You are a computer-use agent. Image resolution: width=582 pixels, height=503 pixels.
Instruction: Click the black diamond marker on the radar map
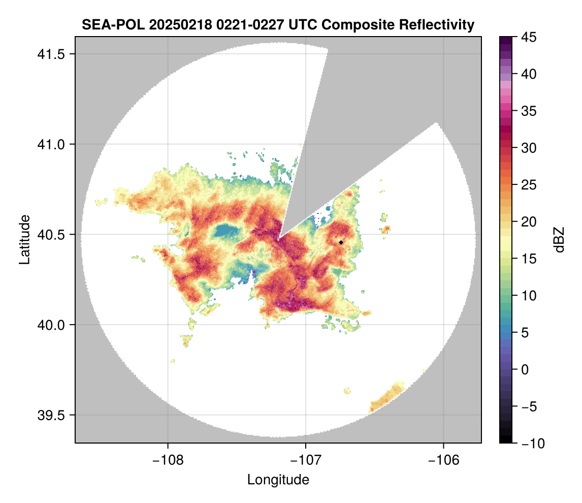(341, 242)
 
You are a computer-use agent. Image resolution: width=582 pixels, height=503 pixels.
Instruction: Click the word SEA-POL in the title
(113, 25)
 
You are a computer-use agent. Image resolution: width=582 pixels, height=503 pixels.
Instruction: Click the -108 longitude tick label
(168, 460)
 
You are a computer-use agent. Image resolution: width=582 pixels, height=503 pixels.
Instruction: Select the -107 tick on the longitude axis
(306, 460)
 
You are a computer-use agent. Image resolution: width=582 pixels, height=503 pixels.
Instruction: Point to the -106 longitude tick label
(444, 460)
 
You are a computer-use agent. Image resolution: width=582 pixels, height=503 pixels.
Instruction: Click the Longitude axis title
(278, 480)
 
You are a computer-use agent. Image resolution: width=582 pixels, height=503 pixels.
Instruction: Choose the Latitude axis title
(24, 239)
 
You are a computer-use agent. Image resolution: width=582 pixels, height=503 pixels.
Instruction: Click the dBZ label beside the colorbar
(559, 240)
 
